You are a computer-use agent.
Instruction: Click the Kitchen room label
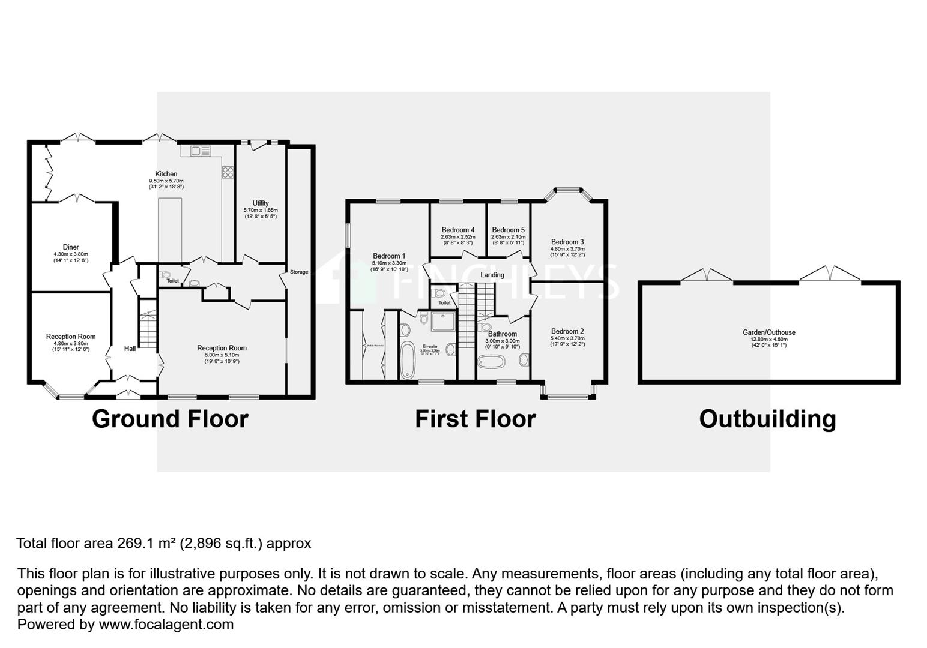pyautogui.click(x=166, y=174)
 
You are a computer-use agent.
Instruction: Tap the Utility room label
pyautogui.click(x=261, y=203)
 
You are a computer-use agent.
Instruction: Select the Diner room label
pyautogui.click(x=71, y=247)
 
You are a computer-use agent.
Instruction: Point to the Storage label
pyautogui.click(x=299, y=272)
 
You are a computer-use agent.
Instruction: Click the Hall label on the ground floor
pyautogui.click(x=130, y=349)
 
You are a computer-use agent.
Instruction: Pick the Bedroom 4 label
pyautogui.click(x=458, y=230)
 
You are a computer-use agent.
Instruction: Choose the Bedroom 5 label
pyautogui.click(x=508, y=230)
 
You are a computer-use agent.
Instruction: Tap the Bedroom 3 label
pyautogui.click(x=567, y=242)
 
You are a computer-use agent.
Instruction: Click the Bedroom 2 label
pyautogui.click(x=567, y=332)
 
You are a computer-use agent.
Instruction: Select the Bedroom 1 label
pyautogui.click(x=389, y=256)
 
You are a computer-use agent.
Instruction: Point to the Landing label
pyautogui.click(x=492, y=275)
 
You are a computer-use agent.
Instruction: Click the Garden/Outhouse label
pyautogui.click(x=768, y=332)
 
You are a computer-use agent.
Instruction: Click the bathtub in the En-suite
pyautogui.click(x=408, y=360)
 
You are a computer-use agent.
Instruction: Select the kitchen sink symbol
pyautogui.click(x=199, y=151)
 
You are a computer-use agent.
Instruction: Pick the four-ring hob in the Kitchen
pyautogui.click(x=228, y=172)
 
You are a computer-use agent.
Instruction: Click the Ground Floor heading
pyautogui.click(x=170, y=419)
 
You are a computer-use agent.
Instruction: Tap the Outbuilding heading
pyautogui.click(x=767, y=419)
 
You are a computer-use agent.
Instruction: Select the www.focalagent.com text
pyautogui.click(x=166, y=624)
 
